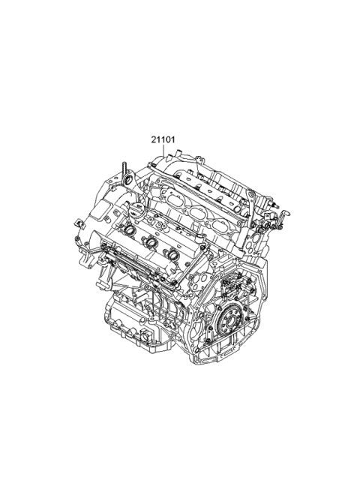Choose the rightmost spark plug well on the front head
tap(174, 254)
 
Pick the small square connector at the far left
tap(79, 223)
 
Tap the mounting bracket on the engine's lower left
tap(89, 259)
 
